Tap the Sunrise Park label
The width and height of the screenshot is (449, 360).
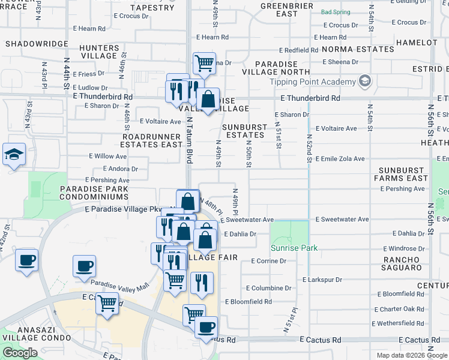point(294,248)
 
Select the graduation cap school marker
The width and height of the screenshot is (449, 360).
point(14,154)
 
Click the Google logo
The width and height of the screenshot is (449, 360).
point(20,353)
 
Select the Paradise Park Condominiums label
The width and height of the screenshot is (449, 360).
point(94,194)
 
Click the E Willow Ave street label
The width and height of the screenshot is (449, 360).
point(107,156)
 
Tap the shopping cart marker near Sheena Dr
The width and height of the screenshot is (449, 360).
point(205,62)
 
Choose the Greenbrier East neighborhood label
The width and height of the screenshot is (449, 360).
point(279,10)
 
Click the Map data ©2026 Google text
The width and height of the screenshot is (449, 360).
point(412,355)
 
